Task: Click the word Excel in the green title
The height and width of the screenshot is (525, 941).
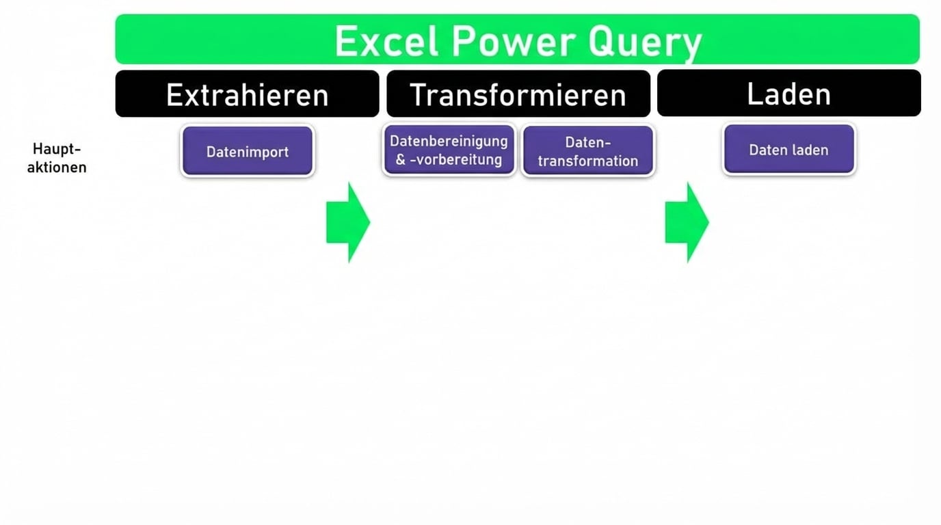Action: click(x=386, y=42)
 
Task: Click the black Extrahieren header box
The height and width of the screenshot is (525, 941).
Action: click(x=247, y=94)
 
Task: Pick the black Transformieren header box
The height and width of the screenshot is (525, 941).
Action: click(x=518, y=94)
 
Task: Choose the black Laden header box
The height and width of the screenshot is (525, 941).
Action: click(x=788, y=94)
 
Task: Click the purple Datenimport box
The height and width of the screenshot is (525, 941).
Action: click(x=248, y=151)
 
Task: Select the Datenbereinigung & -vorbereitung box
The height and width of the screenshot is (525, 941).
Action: click(x=449, y=150)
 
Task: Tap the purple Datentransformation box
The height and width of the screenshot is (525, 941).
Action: click(x=587, y=151)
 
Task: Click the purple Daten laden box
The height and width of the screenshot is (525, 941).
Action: click(x=788, y=150)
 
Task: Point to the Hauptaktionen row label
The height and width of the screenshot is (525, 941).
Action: click(x=57, y=158)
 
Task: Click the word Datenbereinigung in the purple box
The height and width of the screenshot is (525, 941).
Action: click(x=449, y=141)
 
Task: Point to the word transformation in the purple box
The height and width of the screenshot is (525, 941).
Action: click(x=587, y=161)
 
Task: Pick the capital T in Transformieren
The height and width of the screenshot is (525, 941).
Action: click(x=417, y=95)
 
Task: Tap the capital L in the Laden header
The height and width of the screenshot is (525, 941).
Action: click(x=754, y=94)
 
